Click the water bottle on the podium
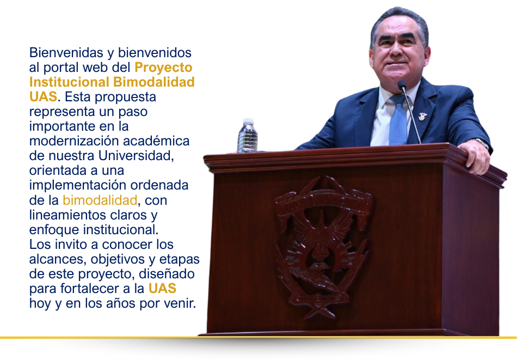(x=247, y=136)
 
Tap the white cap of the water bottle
(x=248, y=120)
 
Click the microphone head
(x=402, y=85)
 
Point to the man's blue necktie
(x=398, y=121)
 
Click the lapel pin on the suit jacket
(x=422, y=116)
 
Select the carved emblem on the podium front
(x=322, y=246)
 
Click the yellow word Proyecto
(x=163, y=68)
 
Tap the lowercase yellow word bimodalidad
(x=100, y=200)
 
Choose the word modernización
(x=72, y=141)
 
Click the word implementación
(x=74, y=185)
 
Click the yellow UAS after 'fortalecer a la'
(x=162, y=288)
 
